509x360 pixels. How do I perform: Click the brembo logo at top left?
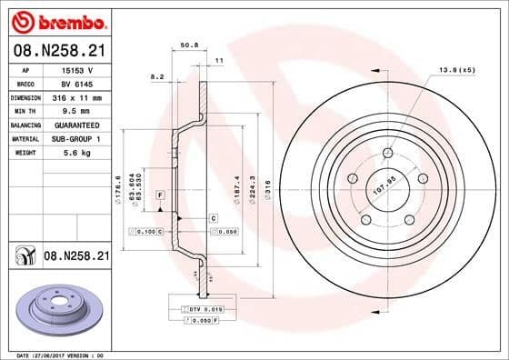[x=56, y=20]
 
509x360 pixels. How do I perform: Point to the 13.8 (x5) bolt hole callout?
[x=457, y=70]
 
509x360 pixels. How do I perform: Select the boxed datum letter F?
[x=160, y=196]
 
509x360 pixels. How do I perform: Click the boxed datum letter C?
[x=213, y=218]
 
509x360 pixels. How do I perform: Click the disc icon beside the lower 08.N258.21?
[x=22, y=257]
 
